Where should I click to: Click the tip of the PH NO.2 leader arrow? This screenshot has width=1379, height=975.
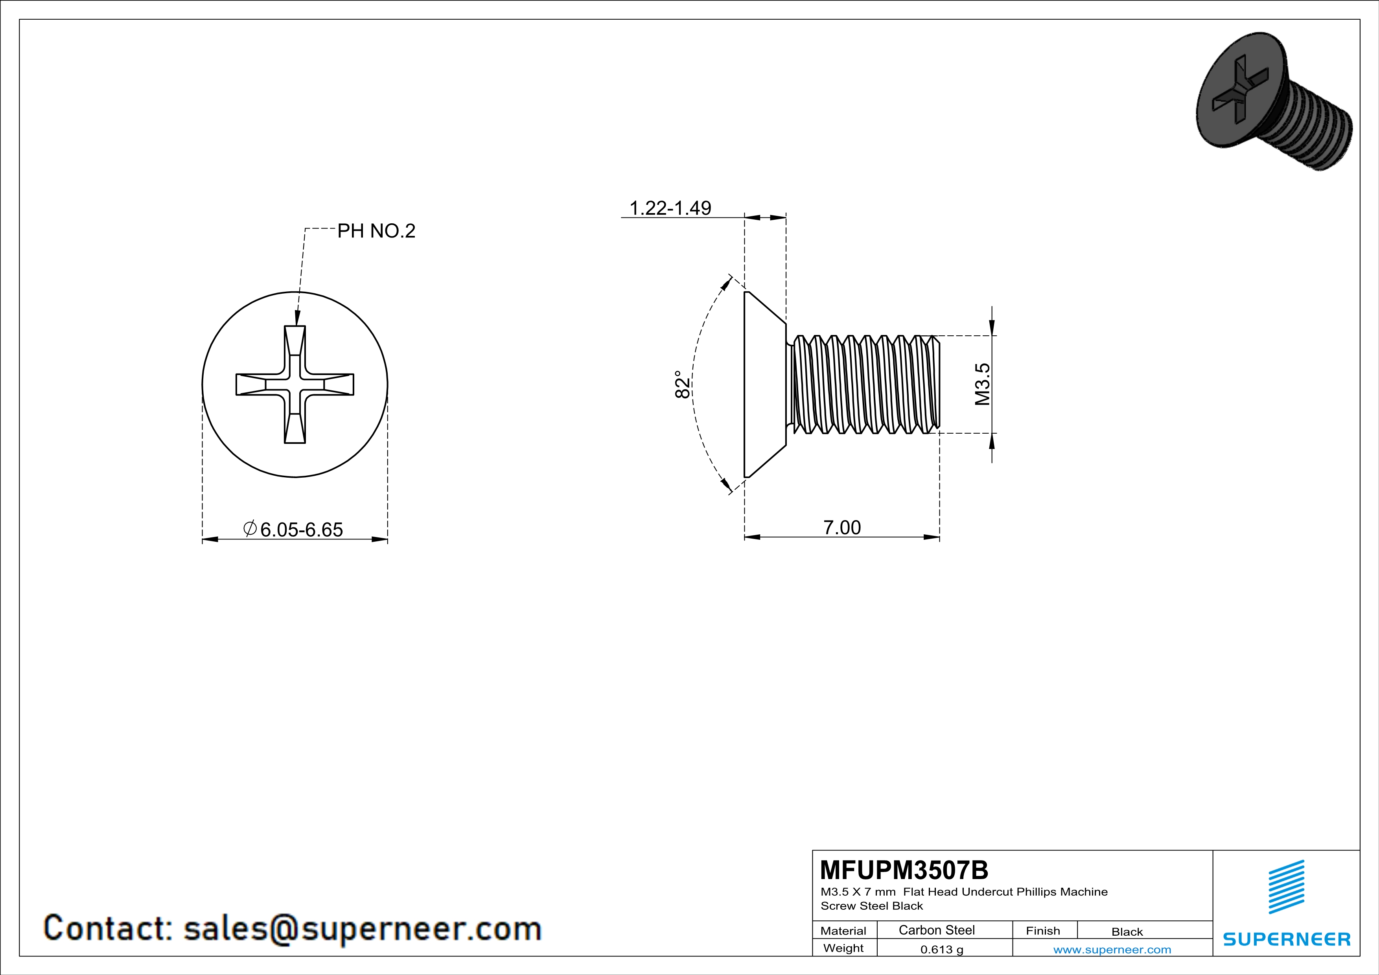(x=296, y=326)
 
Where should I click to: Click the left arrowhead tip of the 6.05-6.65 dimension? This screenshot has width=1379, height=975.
(x=203, y=539)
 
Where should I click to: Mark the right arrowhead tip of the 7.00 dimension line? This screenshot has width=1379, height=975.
(x=939, y=537)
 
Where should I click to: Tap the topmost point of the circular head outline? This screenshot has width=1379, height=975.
(x=295, y=292)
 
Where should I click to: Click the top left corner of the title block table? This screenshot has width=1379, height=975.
(x=813, y=850)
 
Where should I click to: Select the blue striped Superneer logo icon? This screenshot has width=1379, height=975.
(x=1287, y=887)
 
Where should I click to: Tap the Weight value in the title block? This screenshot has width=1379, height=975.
(x=942, y=949)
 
